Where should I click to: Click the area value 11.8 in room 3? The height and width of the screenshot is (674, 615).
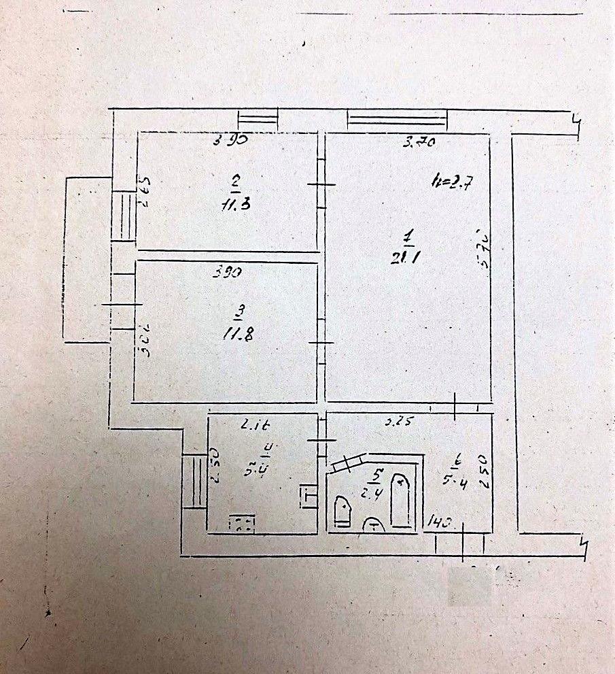pyautogui.click(x=239, y=334)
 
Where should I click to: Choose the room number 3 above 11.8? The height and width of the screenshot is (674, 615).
pyautogui.click(x=239, y=312)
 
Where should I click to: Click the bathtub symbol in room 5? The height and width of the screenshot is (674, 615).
pyautogui.click(x=402, y=501)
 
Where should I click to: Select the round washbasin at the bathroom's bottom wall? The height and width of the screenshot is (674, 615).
pyautogui.click(x=372, y=525)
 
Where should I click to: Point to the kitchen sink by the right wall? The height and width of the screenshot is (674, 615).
pyautogui.click(x=307, y=494)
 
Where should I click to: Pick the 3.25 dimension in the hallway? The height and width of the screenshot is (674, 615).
pyautogui.click(x=399, y=422)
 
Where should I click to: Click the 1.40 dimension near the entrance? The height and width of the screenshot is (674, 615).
pyautogui.click(x=440, y=523)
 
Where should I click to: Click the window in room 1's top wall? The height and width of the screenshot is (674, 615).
pyautogui.click(x=398, y=120)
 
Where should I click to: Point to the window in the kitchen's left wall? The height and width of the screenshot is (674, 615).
pyautogui.click(x=194, y=481)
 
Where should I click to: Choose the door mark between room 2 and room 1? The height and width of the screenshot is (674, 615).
pyautogui.click(x=321, y=184)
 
